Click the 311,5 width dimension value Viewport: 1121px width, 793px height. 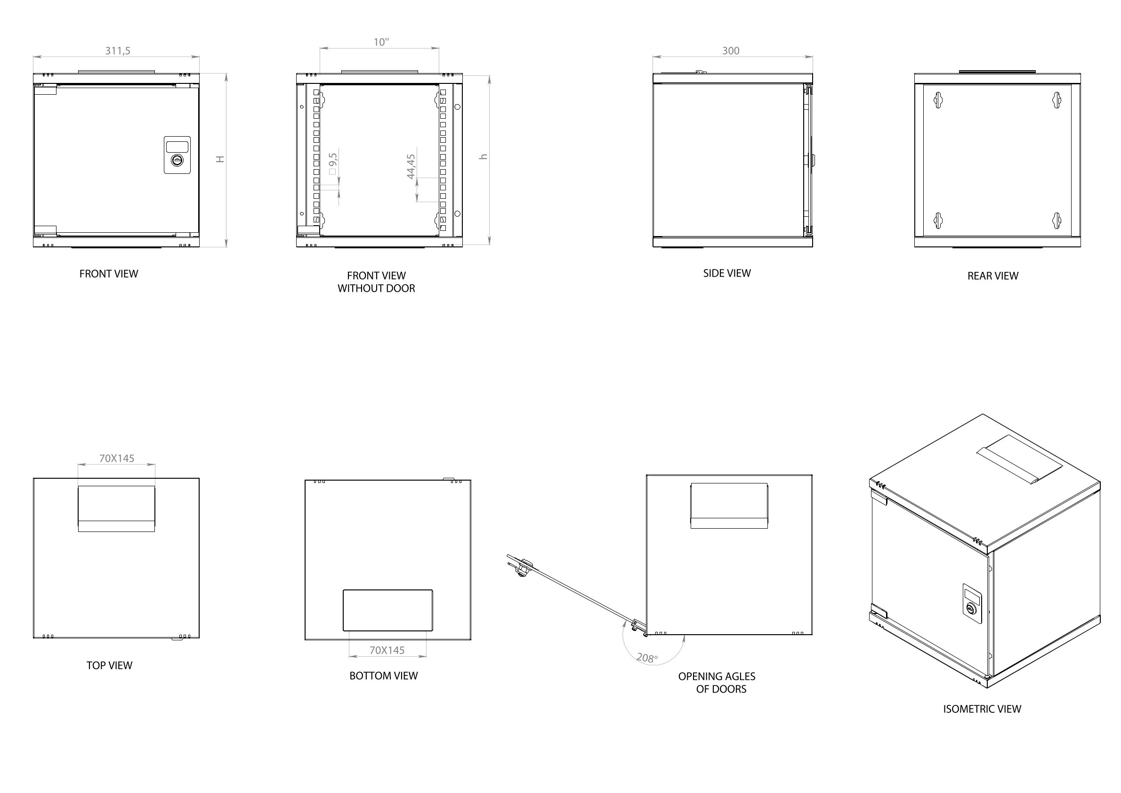[x=118, y=51]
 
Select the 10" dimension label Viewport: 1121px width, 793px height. [x=381, y=42]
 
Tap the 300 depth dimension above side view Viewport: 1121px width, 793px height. [x=730, y=51]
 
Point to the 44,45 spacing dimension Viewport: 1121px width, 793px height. [x=411, y=167]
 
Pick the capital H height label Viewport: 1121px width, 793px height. [x=220, y=159]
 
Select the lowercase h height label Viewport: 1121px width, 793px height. [x=484, y=157]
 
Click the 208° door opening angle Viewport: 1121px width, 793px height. [x=647, y=658]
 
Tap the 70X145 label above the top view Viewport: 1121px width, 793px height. [x=117, y=458]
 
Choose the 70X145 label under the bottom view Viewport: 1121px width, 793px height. [x=387, y=650]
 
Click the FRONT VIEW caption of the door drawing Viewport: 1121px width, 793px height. [x=108, y=274]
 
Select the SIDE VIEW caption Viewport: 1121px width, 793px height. [x=726, y=274]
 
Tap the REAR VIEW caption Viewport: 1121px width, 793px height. [x=992, y=276]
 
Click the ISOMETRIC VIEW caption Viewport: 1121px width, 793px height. [x=982, y=709]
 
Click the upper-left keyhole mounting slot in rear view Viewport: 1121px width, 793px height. [x=937, y=100]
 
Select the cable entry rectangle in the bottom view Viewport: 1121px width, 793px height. [x=387, y=610]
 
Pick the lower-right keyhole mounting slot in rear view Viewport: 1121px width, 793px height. [x=1056, y=221]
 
